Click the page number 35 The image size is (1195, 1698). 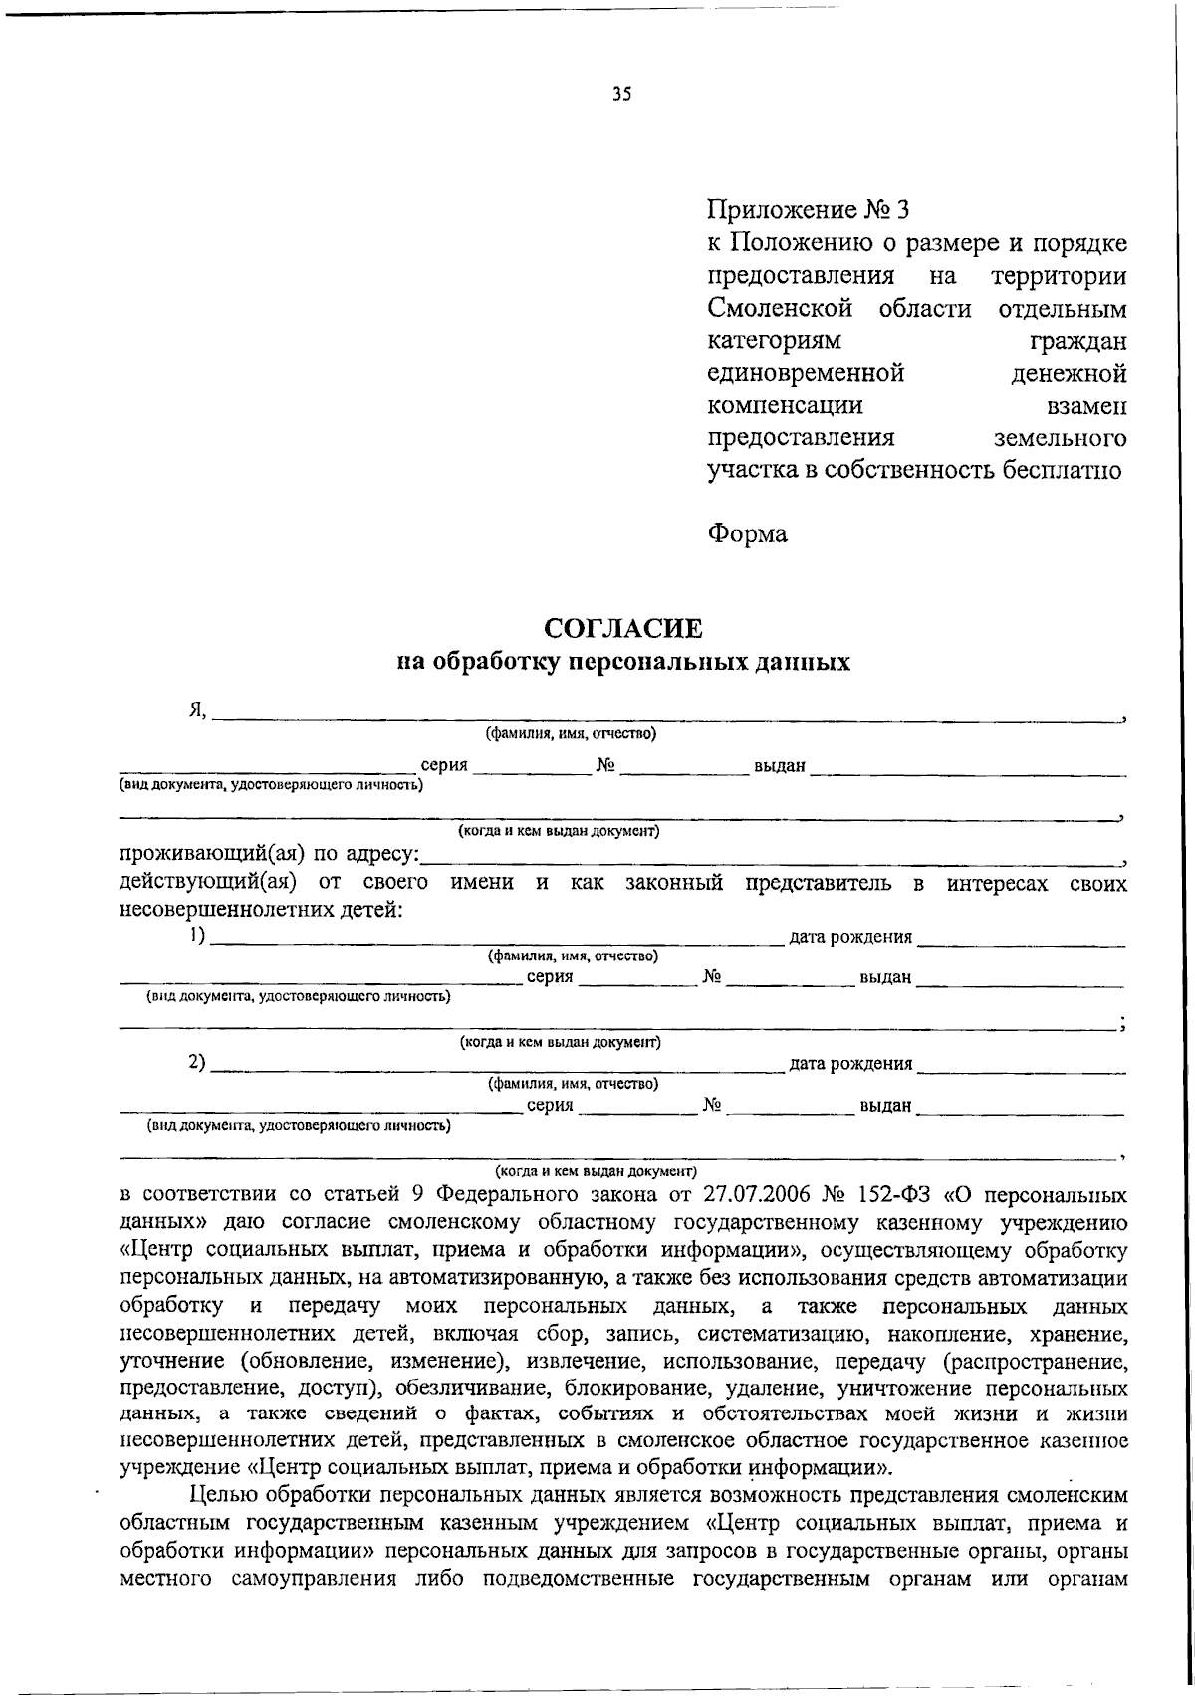point(622,96)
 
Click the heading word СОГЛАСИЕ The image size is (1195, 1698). point(622,629)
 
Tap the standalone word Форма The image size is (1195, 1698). point(747,534)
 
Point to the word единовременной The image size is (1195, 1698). point(806,373)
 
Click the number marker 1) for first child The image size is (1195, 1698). point(197,935)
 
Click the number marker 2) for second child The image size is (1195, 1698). point(197,1062)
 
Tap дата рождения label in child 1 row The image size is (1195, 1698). point(849,937)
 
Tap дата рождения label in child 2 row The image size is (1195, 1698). point(849,1064)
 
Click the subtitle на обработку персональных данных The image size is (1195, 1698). point(622,663)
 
